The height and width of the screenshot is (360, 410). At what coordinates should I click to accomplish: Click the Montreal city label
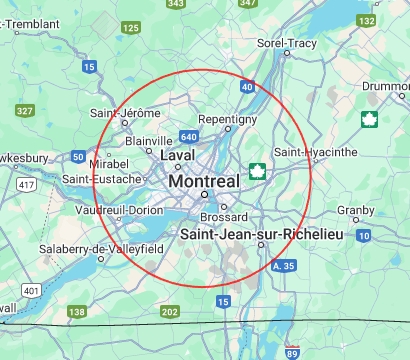pos(204,182)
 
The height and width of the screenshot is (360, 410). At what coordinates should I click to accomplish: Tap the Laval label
pos(178,156)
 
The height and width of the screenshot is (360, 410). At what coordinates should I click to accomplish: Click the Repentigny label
pos(228,118)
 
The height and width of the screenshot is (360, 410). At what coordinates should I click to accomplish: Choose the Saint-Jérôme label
pos(126,112)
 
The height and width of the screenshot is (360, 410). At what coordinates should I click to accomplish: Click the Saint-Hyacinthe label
pos(316,152)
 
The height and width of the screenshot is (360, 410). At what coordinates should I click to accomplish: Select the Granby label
pos(355,210)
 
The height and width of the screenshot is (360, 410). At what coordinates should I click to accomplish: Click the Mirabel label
pos(109,162)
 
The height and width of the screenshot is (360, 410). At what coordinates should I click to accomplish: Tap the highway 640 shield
pos(190,136)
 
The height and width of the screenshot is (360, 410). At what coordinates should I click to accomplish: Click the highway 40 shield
pos(247,88)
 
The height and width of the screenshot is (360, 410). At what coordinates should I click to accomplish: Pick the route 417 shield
pos(26,185)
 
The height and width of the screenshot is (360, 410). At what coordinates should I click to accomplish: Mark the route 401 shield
pos(32,291)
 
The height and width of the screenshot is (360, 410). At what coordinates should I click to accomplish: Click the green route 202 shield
pos(170,312)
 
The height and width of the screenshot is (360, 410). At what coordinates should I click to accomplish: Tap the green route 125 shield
pos(131,28)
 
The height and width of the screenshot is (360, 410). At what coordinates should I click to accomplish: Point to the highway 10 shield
pos(363,235)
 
